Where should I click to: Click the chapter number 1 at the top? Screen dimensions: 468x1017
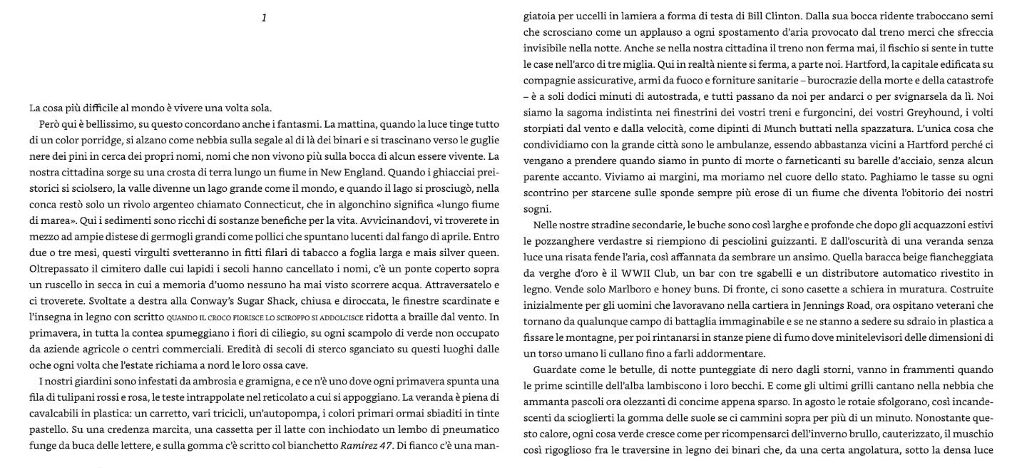(264, 18)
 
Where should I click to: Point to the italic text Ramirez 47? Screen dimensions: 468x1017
(365, 447)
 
